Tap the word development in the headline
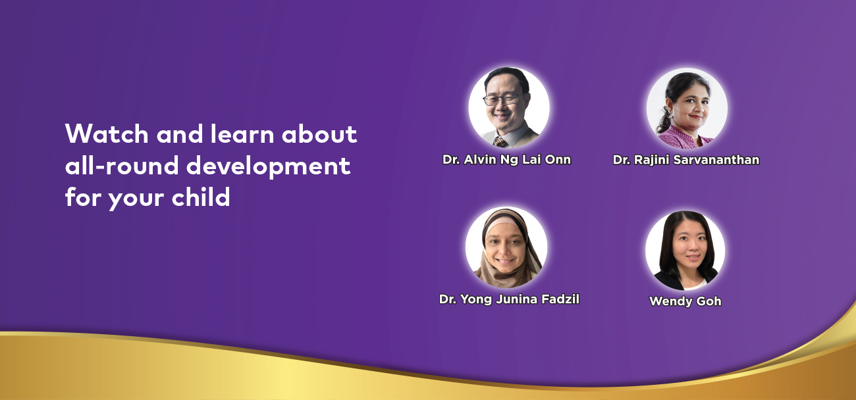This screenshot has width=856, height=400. point(268,166)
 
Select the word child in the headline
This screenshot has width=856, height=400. point(201,197)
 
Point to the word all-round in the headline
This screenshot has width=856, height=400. point(122,165)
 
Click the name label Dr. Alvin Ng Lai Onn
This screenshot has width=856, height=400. point(507,160)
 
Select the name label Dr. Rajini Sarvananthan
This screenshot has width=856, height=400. point(686,160)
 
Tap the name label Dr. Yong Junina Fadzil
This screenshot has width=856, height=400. point(509,299)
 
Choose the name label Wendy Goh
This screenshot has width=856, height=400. point(685,301)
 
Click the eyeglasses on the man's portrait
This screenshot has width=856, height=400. point(501,100)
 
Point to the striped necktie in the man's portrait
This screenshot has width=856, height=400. point(500,141)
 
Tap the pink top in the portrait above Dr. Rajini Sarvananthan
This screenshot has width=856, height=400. point(686,137)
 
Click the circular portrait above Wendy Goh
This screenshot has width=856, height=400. point(685,251)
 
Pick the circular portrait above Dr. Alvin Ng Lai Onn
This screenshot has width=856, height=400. point(509,108)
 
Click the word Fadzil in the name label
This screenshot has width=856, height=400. point(560,299)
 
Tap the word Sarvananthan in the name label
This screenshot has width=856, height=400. point(716,160)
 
